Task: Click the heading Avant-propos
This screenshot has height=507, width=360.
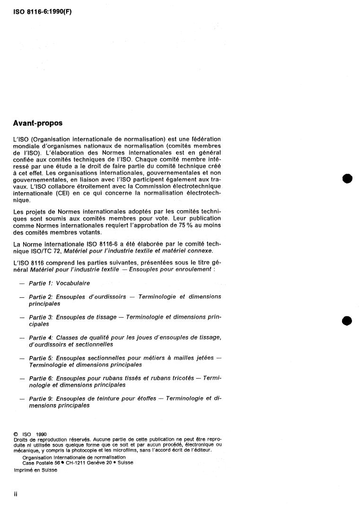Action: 38,123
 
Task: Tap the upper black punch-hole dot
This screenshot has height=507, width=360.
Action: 348,179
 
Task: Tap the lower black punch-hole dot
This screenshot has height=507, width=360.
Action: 348,321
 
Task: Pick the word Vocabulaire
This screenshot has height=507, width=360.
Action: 73,283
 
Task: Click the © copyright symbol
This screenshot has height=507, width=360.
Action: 16,434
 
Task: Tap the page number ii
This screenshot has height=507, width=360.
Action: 16,494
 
